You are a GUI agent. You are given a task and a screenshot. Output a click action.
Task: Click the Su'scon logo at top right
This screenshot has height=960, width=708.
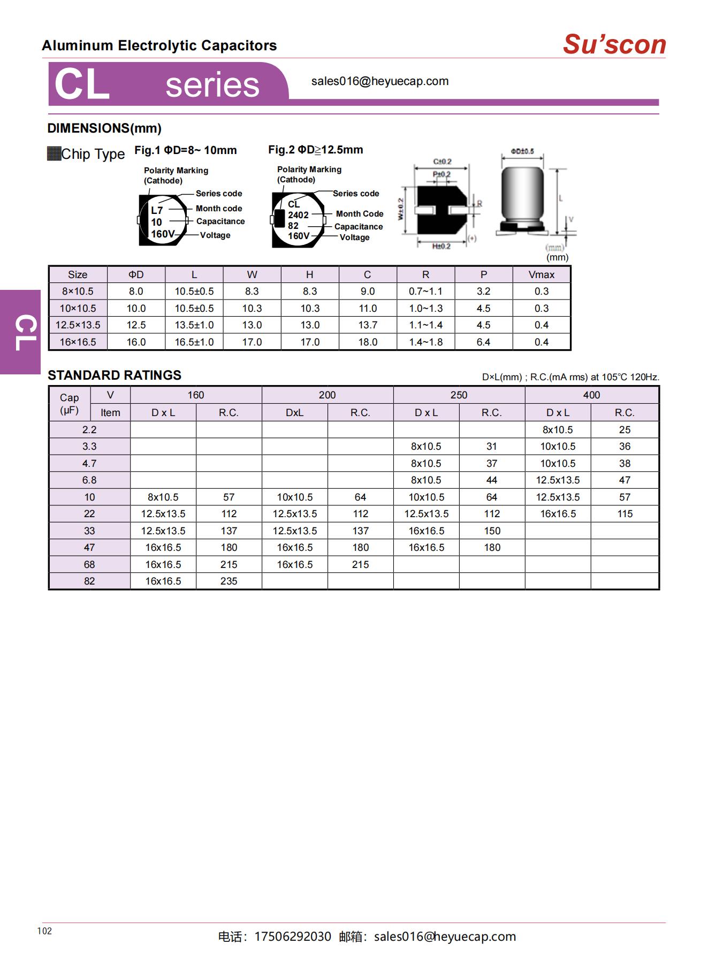[614, 44]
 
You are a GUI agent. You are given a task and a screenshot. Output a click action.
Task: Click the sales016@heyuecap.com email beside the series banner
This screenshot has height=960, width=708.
[379, 81]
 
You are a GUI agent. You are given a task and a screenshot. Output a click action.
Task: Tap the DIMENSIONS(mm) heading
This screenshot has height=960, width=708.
[104, 128]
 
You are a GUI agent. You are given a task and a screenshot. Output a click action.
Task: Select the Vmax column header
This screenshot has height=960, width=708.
[541, 274]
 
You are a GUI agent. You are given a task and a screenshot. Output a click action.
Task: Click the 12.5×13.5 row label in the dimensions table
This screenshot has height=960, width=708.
[78, 325]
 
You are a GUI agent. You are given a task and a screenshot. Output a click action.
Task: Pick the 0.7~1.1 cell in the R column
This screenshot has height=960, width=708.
[425, 291]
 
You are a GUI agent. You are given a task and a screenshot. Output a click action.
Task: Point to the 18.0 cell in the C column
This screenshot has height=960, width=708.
[367, 342]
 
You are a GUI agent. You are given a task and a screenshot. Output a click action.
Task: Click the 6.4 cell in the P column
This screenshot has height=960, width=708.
[483, 342]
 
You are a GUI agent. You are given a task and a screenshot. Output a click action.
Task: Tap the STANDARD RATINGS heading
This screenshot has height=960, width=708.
[115, 375]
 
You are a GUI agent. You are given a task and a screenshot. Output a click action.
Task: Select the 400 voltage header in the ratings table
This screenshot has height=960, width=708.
[591, 395]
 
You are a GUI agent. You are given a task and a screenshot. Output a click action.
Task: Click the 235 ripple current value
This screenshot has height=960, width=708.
[229, 581]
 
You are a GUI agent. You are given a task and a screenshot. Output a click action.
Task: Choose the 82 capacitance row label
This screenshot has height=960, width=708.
[89, 581]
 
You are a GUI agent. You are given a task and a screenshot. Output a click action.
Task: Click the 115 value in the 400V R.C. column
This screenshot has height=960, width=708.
[625, 514]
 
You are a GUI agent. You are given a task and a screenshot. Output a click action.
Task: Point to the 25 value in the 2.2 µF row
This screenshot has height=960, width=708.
[625, 430]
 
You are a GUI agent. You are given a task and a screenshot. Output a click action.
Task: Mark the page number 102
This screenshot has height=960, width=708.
[44, 931]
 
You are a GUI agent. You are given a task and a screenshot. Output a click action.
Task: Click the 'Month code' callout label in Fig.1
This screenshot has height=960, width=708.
[218, 209]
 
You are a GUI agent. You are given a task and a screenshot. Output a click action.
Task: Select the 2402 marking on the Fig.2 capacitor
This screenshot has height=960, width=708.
[298, 215]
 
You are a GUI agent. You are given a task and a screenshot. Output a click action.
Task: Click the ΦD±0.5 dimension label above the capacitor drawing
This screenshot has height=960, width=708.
[522, 151]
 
